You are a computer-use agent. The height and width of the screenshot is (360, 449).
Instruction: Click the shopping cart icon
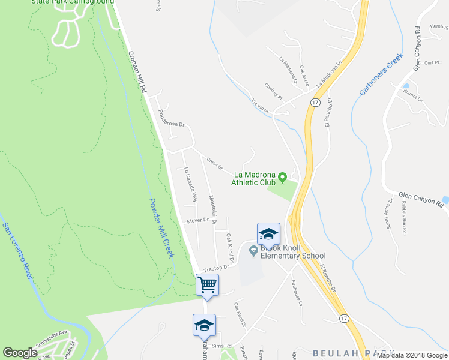point(207,284)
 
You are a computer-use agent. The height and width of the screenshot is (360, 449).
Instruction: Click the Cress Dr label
point(215,163)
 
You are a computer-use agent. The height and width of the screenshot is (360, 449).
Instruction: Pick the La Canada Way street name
point(190,184)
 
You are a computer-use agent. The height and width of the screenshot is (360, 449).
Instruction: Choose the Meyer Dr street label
point(197,220)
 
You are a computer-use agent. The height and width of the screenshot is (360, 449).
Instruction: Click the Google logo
point(20,353)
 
